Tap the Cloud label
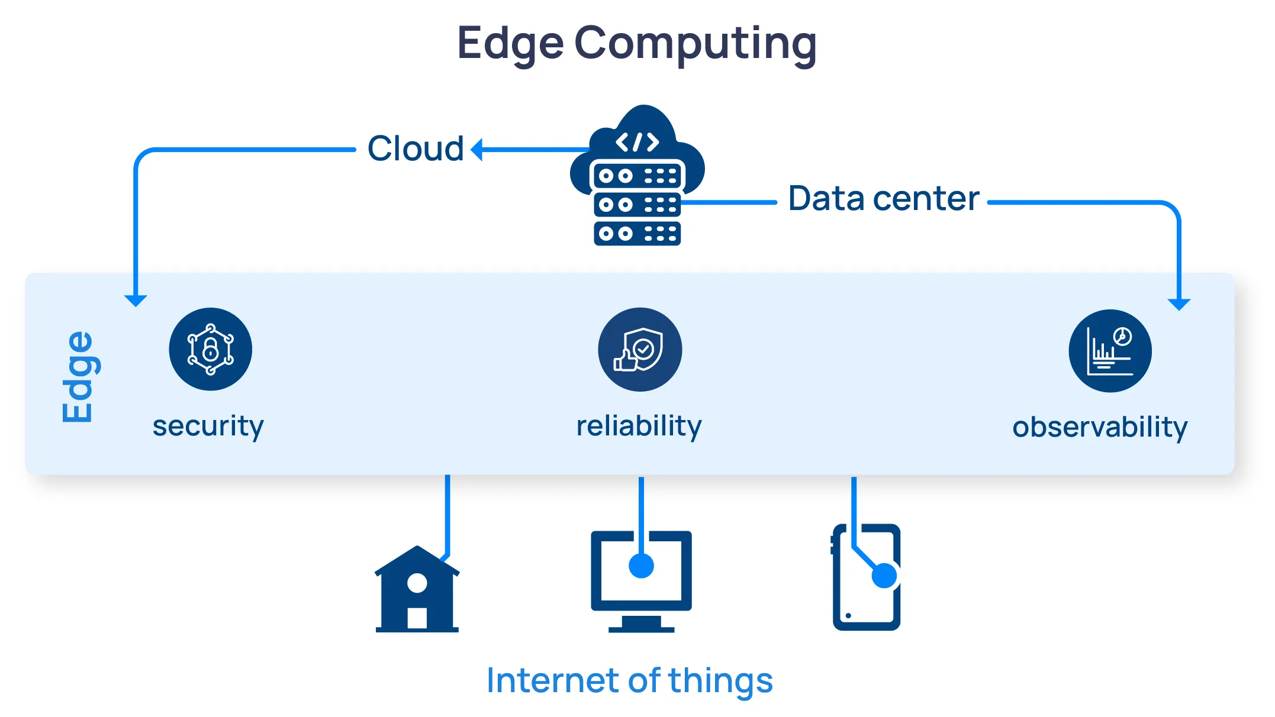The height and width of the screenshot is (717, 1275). (x=415, y=148)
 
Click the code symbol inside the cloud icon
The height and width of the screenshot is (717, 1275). (x=637, y=142)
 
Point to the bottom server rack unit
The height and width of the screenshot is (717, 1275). (x=637, y=234)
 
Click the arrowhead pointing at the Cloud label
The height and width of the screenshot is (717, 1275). (x=477, y=149)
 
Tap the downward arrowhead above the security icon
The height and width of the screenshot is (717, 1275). (x=136, y=300)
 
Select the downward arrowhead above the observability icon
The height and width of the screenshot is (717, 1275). (x=1179, y=304)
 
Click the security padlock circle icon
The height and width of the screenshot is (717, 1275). (x=210, y=349)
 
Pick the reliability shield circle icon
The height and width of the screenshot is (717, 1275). (x=639, y=349)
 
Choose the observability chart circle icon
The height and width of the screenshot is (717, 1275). (x=1110, y=351)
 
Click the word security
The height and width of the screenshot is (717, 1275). (x=208, y=426)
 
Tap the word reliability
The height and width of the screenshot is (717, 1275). (x=639, y=426)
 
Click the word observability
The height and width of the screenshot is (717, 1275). (x=1099, y=427)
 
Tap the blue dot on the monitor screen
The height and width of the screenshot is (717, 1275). (x=641, y=566)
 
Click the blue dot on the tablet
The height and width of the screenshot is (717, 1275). (x=884, y=575)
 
